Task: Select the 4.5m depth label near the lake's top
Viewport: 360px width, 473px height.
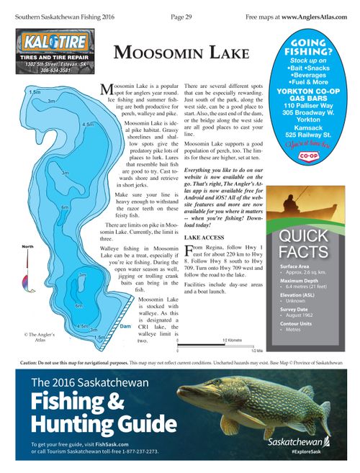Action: click(x=89, y=125)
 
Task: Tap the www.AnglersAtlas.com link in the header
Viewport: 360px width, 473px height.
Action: click(x=318, y=15)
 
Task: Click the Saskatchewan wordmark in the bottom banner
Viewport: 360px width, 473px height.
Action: click(x=295, y=441)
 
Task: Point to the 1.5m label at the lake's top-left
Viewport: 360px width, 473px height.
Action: click(x=34, y=92)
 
